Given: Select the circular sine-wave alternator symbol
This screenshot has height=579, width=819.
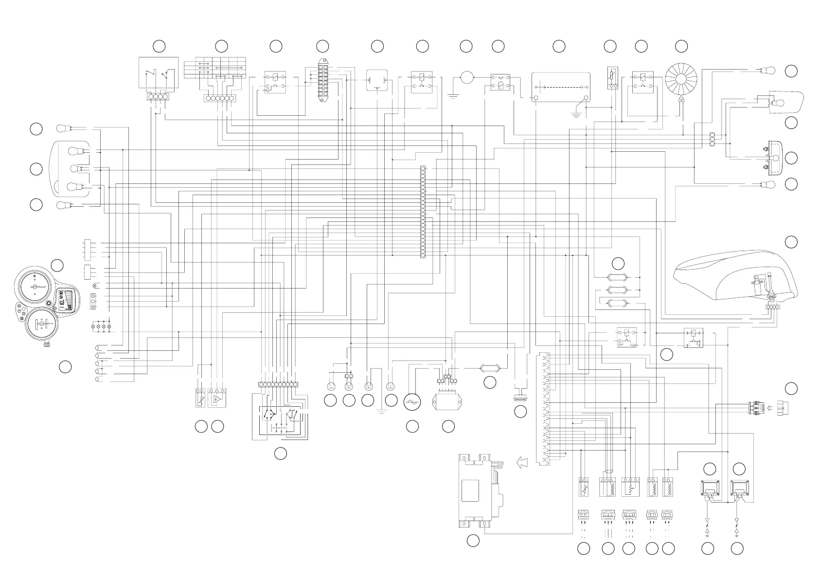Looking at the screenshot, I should (413, 402).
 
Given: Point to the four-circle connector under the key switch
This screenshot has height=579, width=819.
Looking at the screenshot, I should (158, 97).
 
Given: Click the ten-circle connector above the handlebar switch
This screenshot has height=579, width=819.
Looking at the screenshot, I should (278, 384).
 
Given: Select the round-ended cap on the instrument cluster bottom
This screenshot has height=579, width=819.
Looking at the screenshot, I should (47, 344).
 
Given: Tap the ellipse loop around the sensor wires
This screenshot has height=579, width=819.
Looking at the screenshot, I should (607, 471).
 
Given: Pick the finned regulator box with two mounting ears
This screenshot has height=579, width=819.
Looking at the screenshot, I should (447, 402).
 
